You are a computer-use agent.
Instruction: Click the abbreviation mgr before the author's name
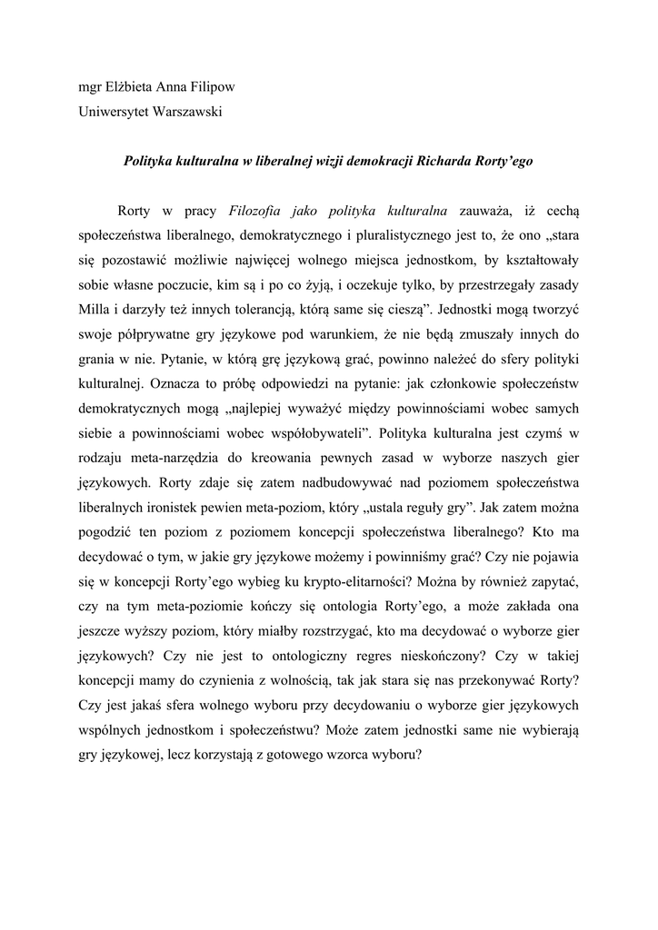[x=90, y=89]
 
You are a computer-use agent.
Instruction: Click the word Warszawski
[x=188, y=113]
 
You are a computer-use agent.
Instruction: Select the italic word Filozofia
[x=262, y=212]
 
